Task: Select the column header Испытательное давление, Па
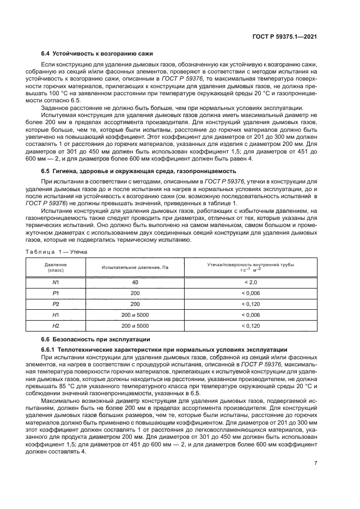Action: click(x=135, y=267)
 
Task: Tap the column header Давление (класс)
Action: click(x=55, y=267)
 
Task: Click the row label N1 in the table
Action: click(x=55, y=283)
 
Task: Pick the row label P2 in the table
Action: click(x=55, y=304)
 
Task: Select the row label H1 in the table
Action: click(x=55, y=315)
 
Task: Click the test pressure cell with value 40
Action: click(x=135, y=283)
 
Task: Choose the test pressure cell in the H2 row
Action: click(x=135, y=326)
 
